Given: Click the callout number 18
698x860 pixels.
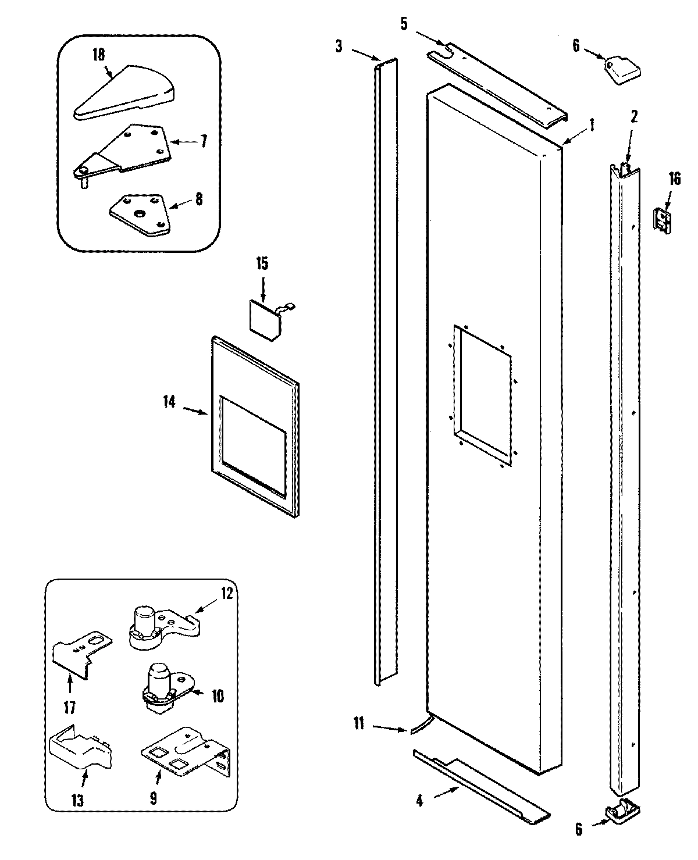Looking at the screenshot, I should pyautogui.click(x=98, y=55).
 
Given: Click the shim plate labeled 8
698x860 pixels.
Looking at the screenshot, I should pyautogui.click(x=140, y=213).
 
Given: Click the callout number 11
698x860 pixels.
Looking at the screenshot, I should pyautogui.click(x=358, y=723).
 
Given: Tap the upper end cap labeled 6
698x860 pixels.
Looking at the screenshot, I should pyautogui.click(x=621, y=70).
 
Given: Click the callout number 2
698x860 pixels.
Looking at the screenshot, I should pyautogui.click(x=634, y=116).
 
